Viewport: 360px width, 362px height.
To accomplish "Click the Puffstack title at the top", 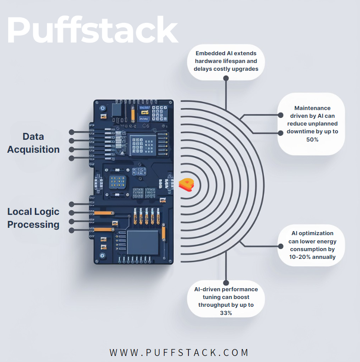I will [x=92, y=29].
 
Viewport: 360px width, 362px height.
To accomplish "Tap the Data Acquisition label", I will [x=34, y=143].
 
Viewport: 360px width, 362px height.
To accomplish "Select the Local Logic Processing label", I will [x=34, y=218].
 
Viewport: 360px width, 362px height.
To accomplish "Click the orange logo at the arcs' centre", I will [x=187, y=184].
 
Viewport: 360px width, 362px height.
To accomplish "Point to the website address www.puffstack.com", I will [x=179, y=353].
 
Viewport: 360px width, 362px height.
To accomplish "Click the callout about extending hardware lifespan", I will [x=226, y=61].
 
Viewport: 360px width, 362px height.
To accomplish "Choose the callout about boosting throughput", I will [x=226, y=301].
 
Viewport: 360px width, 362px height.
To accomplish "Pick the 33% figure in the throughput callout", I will [x=226, y=313].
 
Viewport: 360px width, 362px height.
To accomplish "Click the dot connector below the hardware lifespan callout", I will [x=226, y=78].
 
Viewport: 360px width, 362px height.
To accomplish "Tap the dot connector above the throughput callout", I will [x=226, y=284].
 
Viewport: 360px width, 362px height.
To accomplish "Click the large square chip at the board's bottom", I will [x=143, y=242].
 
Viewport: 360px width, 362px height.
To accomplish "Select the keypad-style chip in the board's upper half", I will [x=142, y=144].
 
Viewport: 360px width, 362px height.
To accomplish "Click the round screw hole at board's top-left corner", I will [x=102, y=107].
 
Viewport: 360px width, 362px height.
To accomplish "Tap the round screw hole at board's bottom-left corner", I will [x=102, y=256].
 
